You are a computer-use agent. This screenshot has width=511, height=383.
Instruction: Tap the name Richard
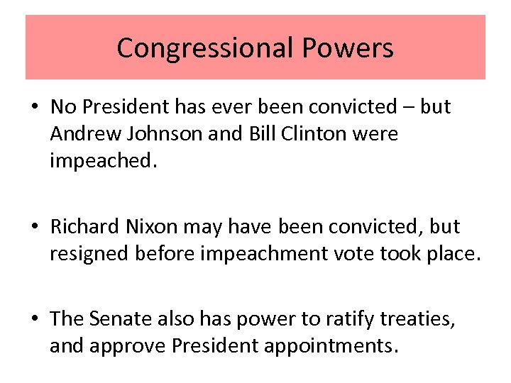pyautogui.click(x=84, y=227)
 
